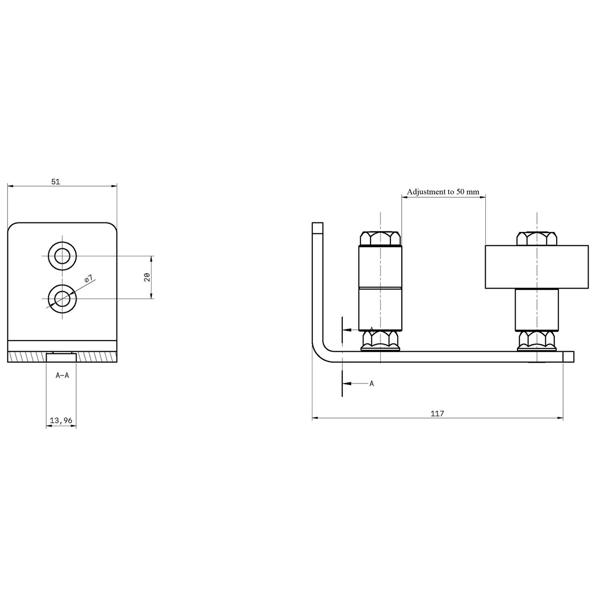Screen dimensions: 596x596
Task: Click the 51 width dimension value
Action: [x=56, y=182]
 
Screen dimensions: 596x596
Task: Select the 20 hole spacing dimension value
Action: [x=148, y=277]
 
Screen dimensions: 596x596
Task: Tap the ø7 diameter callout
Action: [x=88, y=279]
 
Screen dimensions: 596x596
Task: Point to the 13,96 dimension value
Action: [x=61, y=420]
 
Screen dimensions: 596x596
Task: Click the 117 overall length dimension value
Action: [x=438, y=413]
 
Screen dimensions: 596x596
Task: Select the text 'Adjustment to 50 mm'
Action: [x=443, y=192]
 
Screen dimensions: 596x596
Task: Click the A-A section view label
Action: [x=62, y=375]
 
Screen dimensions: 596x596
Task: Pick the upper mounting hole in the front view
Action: [x=62, y=256]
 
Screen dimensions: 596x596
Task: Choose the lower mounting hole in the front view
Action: [x=62, y=299]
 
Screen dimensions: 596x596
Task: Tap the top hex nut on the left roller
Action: [x=380, y=238]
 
